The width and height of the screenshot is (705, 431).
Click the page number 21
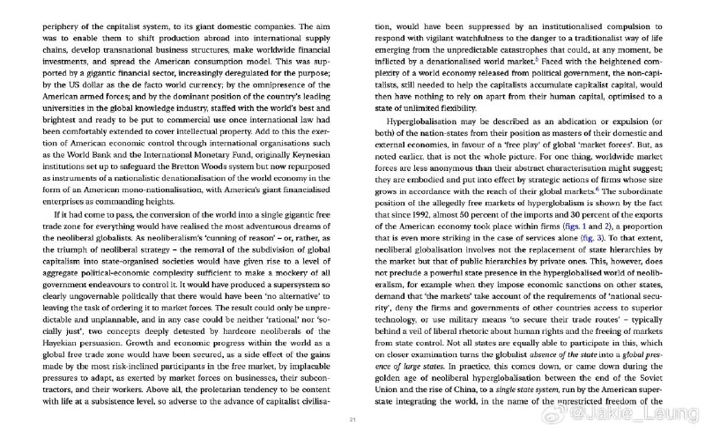pyautogui.click(x=352, y=418)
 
